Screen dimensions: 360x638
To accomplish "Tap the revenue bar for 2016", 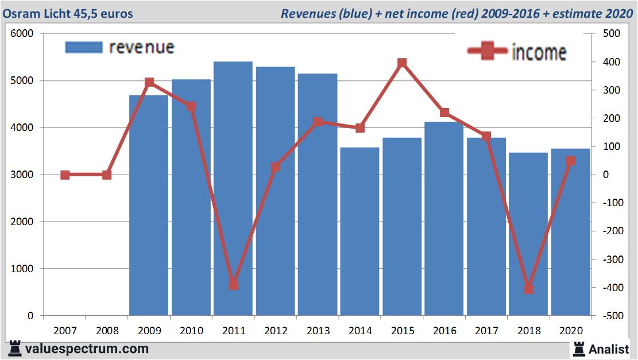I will [444, 218].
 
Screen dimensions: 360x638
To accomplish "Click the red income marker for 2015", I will [402, 63].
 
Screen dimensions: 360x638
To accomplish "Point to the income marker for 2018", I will [528, 289].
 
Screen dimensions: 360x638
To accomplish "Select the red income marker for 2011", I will [233, 285].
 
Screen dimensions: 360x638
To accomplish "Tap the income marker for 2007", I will [65, 175].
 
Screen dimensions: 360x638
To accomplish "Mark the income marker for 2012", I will [276, 167].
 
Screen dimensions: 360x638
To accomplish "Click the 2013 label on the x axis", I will [318, 331].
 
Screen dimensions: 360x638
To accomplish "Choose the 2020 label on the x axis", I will [570, 331].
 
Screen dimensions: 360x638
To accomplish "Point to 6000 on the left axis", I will [23, 34].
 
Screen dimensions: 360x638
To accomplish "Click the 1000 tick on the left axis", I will [23, 269].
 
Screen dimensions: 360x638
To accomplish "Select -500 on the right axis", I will [610, 316].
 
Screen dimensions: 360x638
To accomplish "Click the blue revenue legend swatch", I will [84, 47].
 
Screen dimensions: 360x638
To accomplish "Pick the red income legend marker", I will [487, 51].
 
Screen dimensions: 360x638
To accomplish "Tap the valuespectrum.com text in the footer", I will [87, 349].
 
